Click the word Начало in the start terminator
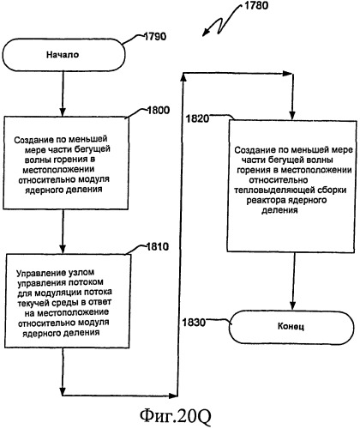click(63, 55)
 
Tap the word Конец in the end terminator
click(291, 326)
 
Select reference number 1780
click(256, 5)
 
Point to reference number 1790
click(154, 37)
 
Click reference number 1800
click(159, 110)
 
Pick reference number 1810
click(158, 246)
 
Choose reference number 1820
click(198, 118)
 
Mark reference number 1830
click(194, 323)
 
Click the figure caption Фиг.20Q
click(176, 416)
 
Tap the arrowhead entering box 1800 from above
click(63, 112)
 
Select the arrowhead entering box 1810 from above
click(63, 249)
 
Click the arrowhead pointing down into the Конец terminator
click(292, 305)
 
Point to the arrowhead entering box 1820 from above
click(292, 115)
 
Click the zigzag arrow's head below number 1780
click(206, 33)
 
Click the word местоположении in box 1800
click(58, 170)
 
